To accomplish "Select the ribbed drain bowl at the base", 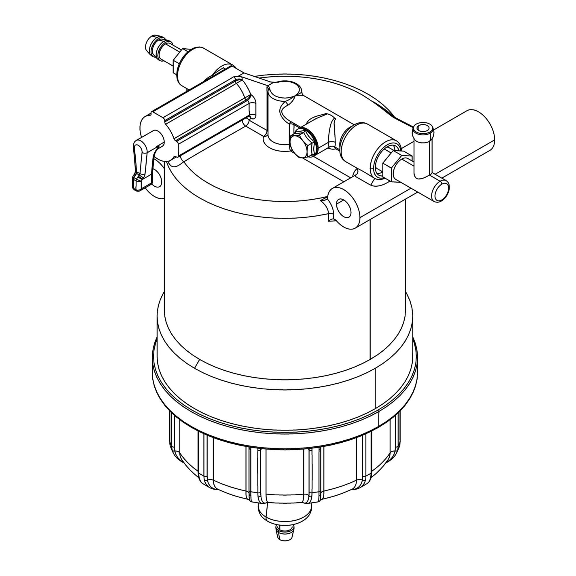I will (x=283, y=471).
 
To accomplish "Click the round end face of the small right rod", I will (x=441, y=191).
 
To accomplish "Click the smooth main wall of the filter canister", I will (x=268, y=283).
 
